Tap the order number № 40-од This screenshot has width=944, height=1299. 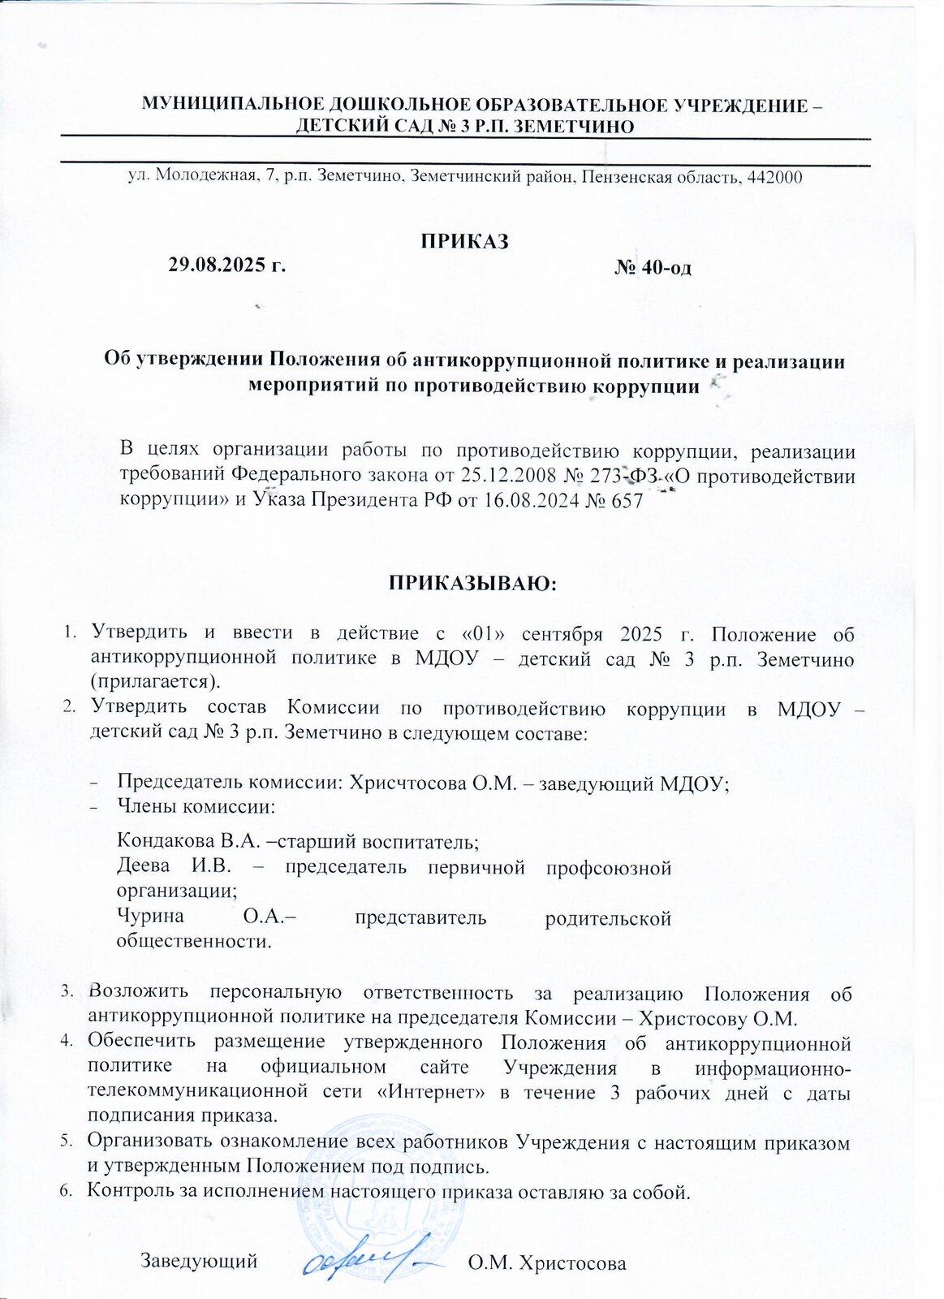(653, 266)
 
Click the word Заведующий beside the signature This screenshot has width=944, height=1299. (200, 1261)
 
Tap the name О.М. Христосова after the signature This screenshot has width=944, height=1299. (548, 1262)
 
